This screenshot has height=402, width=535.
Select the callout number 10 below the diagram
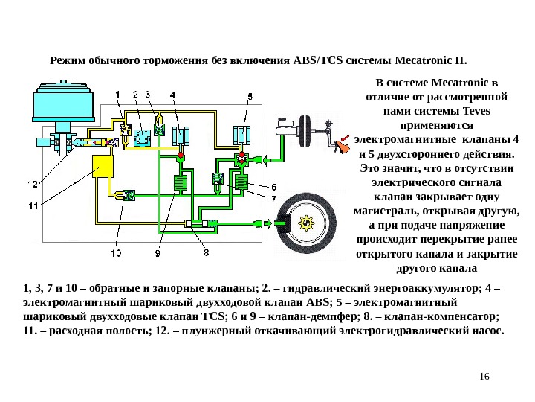click(117, 253)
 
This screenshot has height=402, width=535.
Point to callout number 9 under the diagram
click(158, 254)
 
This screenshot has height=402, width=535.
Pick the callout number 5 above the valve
click(250, 96)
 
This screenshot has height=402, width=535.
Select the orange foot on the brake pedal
click(343, 144)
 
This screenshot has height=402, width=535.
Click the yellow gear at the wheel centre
click(306, 222)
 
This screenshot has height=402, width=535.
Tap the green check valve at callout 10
click(128, 195)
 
